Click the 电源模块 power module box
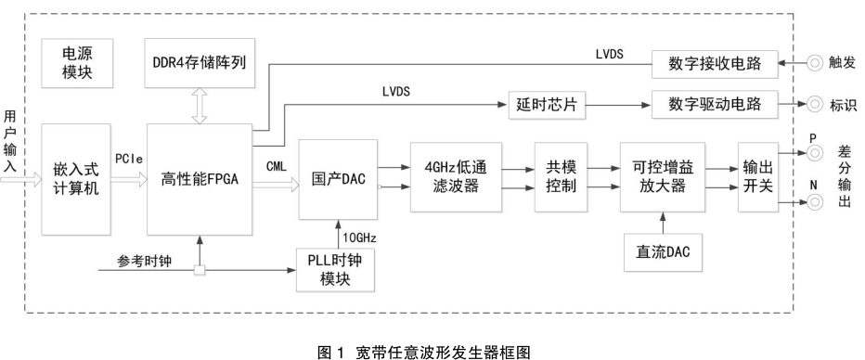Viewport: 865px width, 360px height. (75, 62)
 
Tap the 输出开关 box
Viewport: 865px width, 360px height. (756, 176)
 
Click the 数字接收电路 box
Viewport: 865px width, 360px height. (715, 64)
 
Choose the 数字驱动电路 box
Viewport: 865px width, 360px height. (715, 104)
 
